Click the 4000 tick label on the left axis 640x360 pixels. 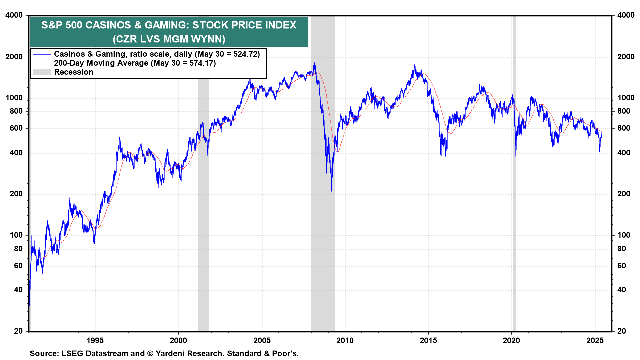14,15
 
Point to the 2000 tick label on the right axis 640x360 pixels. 626,57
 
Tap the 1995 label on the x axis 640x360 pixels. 95,340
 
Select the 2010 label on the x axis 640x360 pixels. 345,340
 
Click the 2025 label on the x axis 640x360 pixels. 595,340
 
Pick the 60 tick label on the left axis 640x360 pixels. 18,266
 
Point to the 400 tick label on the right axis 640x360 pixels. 624,153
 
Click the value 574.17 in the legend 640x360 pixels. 201,63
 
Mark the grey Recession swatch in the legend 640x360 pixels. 42,72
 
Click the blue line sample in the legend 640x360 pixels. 42,54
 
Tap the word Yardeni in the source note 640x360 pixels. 172,353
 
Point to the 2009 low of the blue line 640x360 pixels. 332,191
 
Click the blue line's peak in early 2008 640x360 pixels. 314,63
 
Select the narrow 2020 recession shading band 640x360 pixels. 514,200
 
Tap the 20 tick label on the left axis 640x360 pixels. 18,331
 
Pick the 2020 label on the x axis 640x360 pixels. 511,340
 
